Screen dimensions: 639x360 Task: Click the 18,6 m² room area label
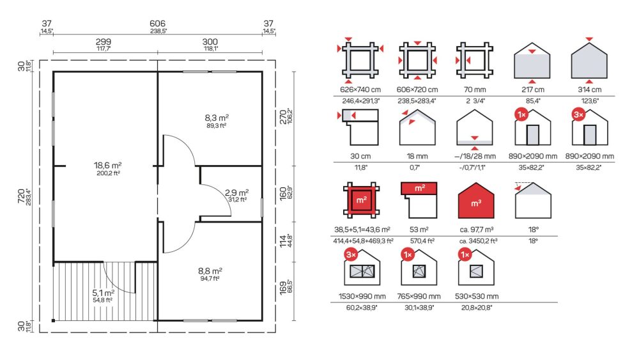tap(107, 165)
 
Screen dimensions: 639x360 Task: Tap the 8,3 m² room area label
tap(217, 118)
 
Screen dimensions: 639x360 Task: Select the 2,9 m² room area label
tap(237, 192)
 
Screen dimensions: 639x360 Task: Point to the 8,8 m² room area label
tap(210, 270)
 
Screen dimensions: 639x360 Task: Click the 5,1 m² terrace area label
tap(103, 293)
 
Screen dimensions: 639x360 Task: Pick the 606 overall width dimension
tap(157, 24)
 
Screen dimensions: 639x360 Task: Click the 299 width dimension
tap(103, 42)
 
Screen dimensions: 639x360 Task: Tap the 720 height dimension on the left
tap(21, 197)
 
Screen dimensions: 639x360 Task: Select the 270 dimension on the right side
tap(283, 117)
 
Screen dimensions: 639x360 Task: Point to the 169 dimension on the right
tap(283, 287)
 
